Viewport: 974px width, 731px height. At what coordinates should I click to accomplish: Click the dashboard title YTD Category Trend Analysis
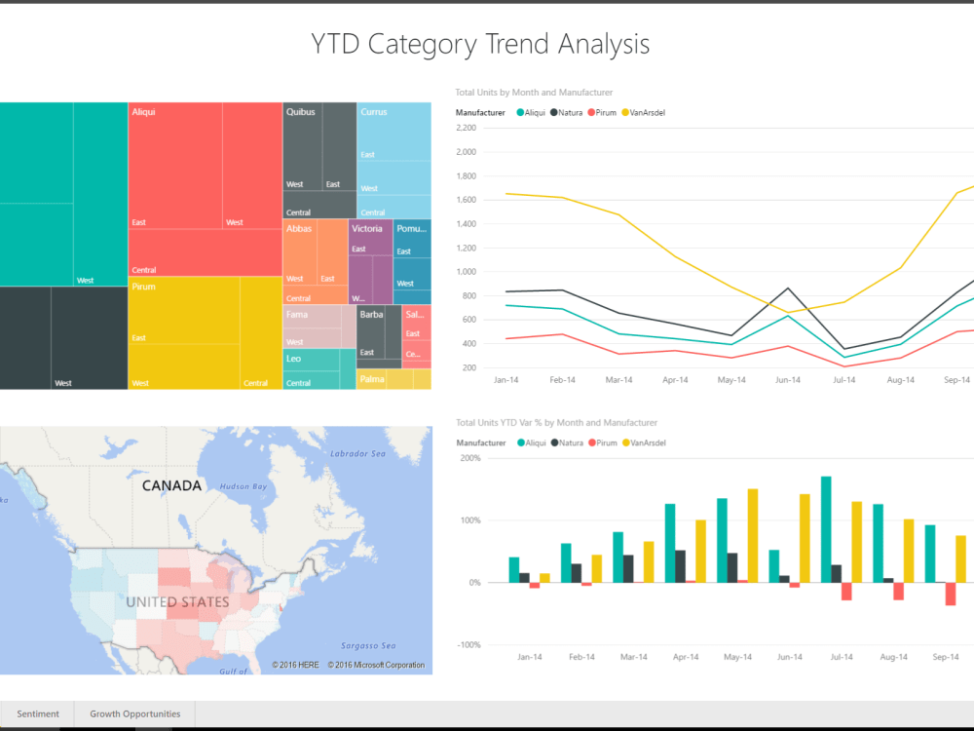point(480,44)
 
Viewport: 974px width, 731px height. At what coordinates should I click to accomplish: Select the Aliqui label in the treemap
point(143,112)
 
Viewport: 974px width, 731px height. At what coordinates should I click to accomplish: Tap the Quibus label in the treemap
point(300,112)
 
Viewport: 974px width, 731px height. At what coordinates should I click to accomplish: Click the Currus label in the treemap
point(374,112)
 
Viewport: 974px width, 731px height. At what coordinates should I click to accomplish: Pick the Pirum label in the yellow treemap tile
point(143,287)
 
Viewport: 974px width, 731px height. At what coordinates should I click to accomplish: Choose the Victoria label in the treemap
point(367,228)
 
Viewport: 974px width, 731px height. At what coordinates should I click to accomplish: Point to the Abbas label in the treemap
point(298,228)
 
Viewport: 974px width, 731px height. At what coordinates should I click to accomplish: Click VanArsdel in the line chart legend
point(647,113)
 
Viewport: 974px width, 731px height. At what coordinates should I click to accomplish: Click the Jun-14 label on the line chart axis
point(786,380)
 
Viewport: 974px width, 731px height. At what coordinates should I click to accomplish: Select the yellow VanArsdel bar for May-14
point(753,535)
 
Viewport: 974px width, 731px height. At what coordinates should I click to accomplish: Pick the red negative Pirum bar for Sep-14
point(950,594)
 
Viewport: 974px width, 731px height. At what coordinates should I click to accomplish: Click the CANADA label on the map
point(171,485)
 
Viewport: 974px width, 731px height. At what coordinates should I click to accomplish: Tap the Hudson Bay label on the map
point(243,486)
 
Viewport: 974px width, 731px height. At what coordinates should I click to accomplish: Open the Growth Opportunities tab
point(134,713)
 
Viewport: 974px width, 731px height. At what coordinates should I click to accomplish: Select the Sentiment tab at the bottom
point(38,713)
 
